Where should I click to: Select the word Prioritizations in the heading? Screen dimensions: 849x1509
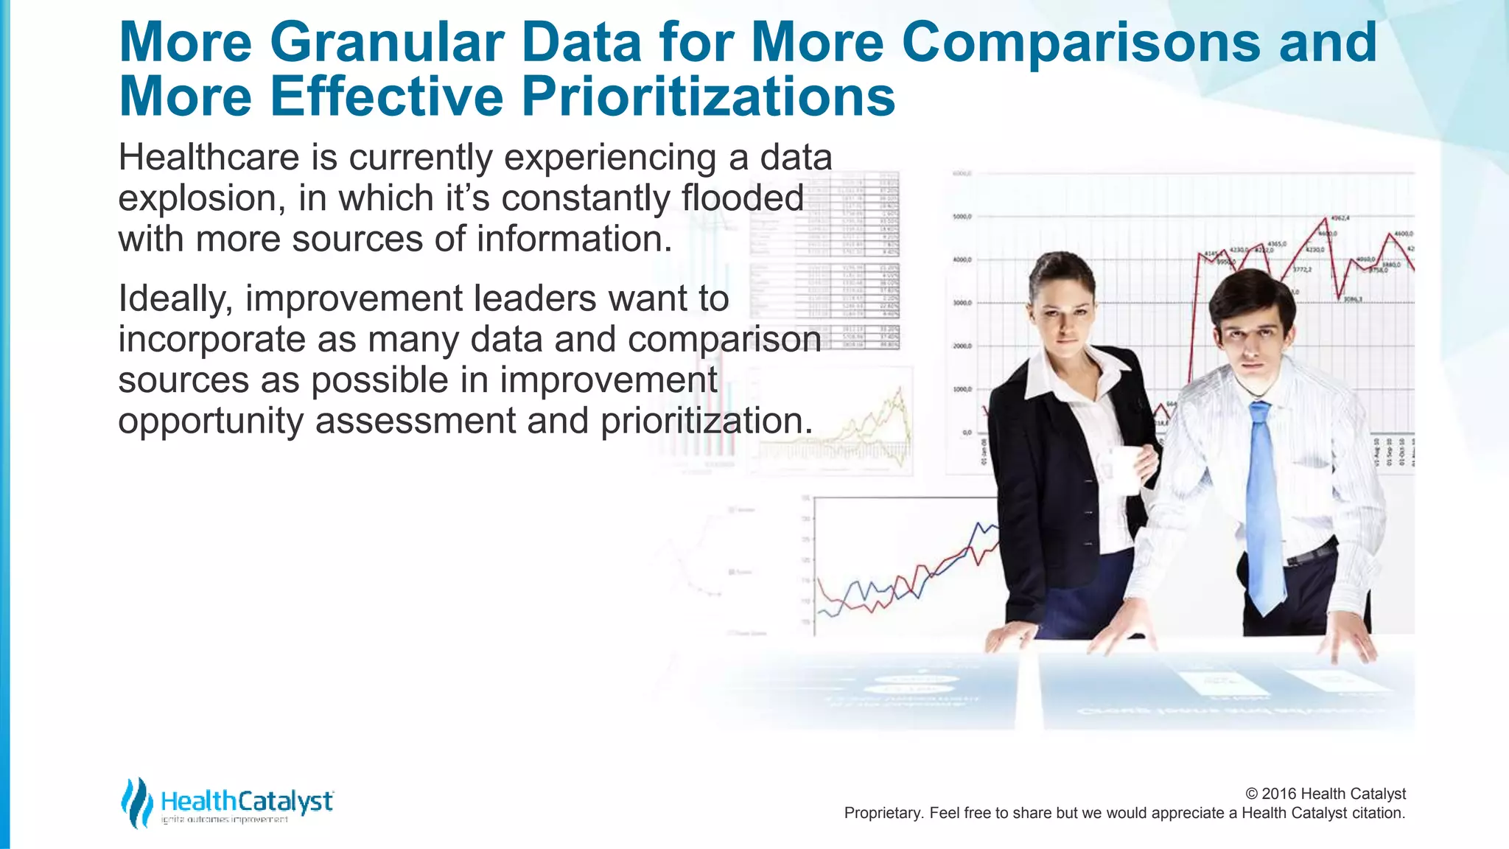(708, 97)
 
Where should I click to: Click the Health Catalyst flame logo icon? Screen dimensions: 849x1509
(136, 802)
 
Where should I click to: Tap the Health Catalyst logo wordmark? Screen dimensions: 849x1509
(247, 802)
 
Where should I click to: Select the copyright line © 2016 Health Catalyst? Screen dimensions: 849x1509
(1325, 794)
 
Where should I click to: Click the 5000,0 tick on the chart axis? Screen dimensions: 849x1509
(962, 217)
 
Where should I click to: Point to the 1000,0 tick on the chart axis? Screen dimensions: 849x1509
(962, 389)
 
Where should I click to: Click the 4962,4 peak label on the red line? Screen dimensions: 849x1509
(1340, 218)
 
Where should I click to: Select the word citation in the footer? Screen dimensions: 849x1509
(1376, 813)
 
